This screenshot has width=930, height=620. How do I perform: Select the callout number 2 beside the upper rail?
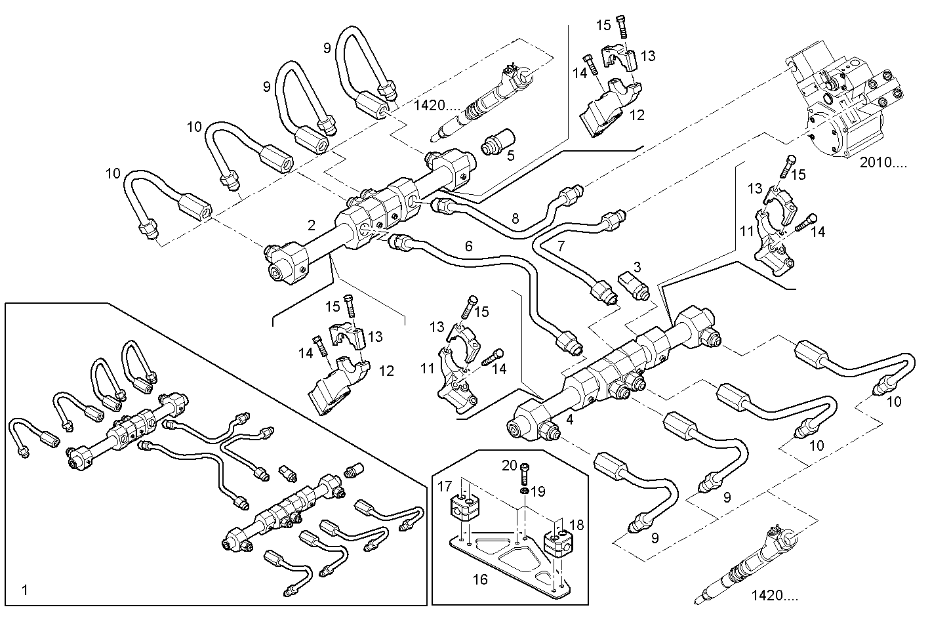point(312,225)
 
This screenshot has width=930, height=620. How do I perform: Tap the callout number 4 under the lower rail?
point(569,420)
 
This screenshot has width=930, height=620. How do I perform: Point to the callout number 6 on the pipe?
point(468,246)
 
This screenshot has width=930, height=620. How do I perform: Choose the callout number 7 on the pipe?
point(561,246)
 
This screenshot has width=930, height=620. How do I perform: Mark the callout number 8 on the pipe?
point(515,218)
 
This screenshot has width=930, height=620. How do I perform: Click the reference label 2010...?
point(883,163)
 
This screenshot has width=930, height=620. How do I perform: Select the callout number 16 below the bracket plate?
point(481,580)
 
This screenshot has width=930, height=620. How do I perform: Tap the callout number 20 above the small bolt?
point(510,465)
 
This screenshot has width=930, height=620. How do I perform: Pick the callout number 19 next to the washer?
point(538,491)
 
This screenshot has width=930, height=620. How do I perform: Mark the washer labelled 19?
point(525,491)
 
